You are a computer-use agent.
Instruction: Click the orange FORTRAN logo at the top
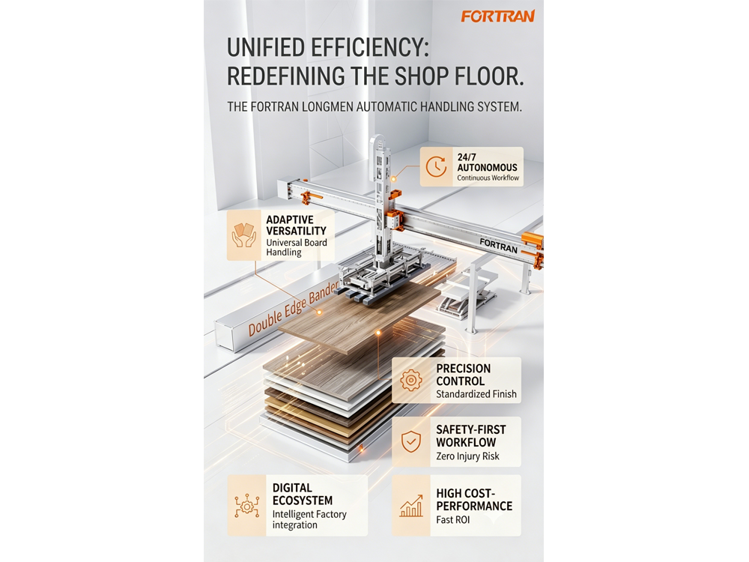[498, 16]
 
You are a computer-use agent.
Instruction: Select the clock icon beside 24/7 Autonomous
[436, 167]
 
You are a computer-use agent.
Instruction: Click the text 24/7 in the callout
[467, 157]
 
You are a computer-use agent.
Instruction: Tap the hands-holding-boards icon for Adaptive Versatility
[243, 235]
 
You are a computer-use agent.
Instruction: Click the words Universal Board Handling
[296, 247]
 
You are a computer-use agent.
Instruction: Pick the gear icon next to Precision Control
[410, 381]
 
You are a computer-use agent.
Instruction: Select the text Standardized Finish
[476, 394]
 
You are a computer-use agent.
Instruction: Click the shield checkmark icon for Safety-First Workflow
[410, 441]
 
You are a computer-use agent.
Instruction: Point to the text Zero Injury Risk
[467, 456]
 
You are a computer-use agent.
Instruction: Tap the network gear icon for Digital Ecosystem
[246, 506]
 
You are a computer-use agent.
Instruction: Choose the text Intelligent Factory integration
[309, 519]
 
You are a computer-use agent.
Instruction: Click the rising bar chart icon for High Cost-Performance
[411, 506]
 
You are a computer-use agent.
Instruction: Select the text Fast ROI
[453, 519]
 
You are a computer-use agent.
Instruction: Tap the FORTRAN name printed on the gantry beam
[498, 245]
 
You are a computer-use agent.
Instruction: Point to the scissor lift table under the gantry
[469, 291]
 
